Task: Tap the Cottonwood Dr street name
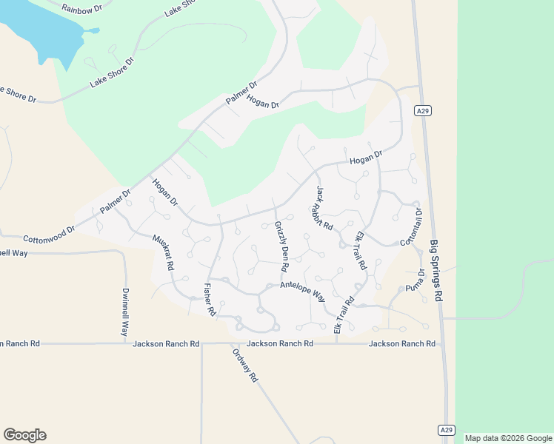(x=50, y=234)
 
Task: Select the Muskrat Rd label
(x=163, y=252)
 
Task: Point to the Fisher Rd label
(x=209, y=300)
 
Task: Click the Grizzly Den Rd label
(x=281, y=246)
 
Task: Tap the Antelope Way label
(x=302, y=290)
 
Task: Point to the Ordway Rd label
(x=244, y=366)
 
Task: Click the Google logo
(x=24, y=434)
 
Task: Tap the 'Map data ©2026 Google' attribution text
(x=509, y=438)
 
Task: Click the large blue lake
(x=37, y=30)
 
